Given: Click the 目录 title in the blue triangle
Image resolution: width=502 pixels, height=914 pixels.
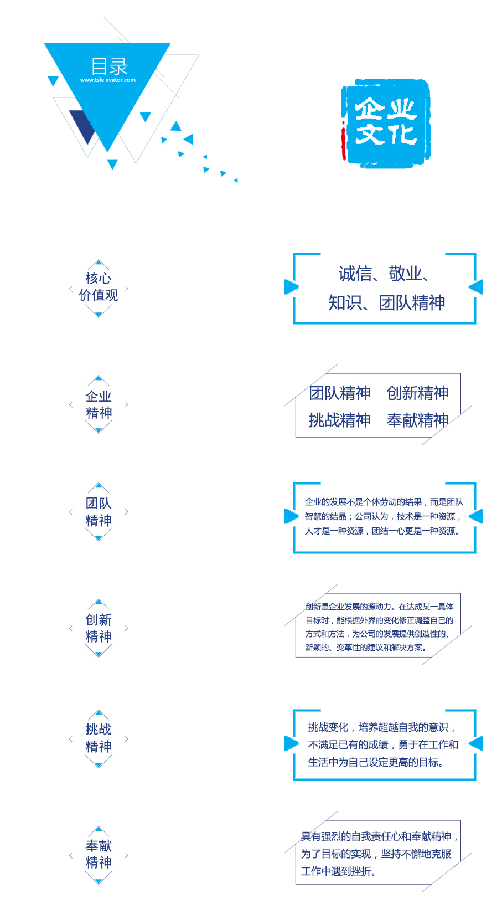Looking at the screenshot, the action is coord(109,66).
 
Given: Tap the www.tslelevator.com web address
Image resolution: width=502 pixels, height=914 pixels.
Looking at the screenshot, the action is coord(108,80).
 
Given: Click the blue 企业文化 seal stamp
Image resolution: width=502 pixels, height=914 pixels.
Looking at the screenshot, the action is coord(386,123).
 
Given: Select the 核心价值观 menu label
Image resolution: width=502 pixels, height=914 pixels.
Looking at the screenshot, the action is coord(99,286).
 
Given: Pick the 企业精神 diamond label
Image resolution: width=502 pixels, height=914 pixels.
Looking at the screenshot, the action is coord(99,404).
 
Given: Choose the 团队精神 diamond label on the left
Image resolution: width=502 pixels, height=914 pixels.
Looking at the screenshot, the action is coord(99,512).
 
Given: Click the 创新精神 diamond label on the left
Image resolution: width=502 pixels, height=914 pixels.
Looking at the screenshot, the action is coord(99,628).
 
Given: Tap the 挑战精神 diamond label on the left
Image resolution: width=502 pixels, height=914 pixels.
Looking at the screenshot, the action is coord(99,738).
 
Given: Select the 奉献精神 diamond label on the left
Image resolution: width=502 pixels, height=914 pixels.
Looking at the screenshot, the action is coord(99,854).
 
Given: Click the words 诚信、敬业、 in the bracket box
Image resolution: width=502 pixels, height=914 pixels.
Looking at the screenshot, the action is coord(384,274).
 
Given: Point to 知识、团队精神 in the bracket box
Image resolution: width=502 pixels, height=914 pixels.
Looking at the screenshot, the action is coord(386,303).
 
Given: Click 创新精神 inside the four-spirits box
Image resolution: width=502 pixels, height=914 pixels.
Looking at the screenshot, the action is coord(417,393).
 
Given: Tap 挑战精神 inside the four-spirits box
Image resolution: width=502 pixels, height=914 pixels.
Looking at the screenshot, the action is coord(340,420).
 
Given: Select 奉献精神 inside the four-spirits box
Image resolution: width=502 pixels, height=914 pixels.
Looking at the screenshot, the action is coord(417,420).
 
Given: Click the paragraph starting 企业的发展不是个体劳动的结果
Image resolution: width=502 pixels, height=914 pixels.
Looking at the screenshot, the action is coord(384,516).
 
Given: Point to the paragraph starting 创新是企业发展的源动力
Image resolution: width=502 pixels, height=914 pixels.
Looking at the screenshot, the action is coord(379,627).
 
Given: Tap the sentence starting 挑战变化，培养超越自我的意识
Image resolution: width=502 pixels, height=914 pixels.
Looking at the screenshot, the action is coord(383,744).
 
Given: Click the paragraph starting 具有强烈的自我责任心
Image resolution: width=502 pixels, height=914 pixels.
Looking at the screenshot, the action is coord(379,854).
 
